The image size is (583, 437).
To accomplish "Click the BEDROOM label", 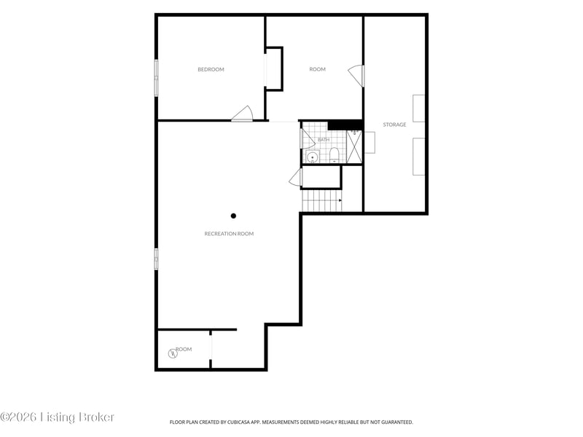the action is coord(211,69).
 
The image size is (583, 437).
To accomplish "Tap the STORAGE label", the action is coord(394,125).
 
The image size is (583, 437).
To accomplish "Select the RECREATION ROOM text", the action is coord(229,234).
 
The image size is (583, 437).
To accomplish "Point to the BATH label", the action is coord(324,140).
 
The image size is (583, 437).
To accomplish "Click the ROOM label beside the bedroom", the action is coord(318,69).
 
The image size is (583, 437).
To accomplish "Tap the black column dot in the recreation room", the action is coord(233,216).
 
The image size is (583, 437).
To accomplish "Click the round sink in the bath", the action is coord(313,157).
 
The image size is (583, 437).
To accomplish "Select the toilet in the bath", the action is coord(334,155).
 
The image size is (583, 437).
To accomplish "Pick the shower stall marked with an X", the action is coord(354,146).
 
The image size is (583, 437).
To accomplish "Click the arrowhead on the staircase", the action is coord(340,200).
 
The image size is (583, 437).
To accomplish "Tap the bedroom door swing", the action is coord(243,114).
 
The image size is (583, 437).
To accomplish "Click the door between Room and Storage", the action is coord(356,76).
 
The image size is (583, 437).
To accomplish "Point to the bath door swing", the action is coord(307,138).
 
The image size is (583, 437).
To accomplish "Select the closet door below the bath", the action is coord(296,178).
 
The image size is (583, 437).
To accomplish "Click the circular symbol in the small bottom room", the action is coord(173,353).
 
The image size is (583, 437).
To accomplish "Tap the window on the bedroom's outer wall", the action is coord(156,78).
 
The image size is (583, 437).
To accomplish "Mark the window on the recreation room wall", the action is coord(156,259).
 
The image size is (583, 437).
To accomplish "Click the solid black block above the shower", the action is coord(345,125).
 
